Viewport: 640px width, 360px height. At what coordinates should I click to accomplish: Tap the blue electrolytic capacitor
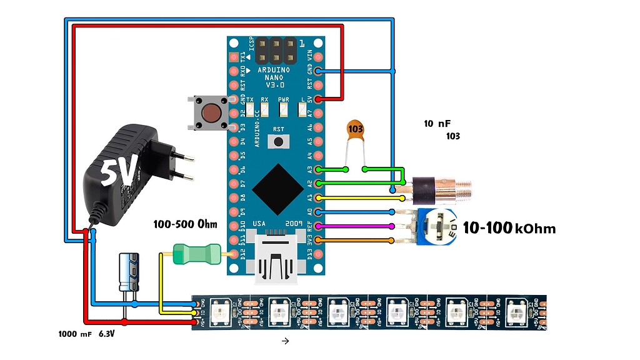pos(130,271)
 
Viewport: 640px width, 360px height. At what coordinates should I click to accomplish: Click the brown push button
pos(211,113)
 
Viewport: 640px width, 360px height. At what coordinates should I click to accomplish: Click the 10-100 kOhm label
pos(509,228)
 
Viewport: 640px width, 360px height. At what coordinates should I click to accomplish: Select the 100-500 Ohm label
pos(186,224)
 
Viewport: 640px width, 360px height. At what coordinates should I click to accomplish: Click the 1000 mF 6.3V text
pos(90,334)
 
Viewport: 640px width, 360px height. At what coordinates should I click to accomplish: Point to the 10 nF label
pos(437,124)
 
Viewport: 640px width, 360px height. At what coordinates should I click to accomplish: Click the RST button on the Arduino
pos(278,141)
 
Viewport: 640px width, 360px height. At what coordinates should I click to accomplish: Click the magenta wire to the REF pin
pos(356,226)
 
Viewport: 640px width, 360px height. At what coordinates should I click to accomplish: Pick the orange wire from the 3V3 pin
pos(356,241)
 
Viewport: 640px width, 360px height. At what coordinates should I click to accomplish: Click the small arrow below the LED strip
pos(285,341)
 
